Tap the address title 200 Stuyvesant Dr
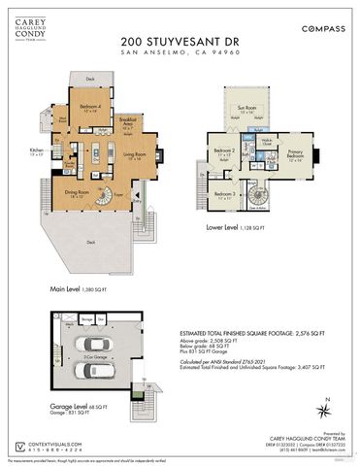tap(180, 42)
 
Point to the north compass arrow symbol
tap(329, 409)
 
